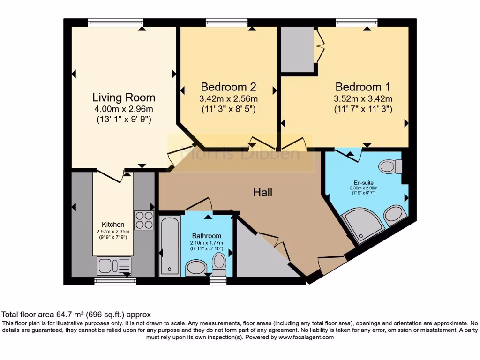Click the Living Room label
123,97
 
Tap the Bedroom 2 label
228,87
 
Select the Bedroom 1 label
362,87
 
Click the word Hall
262,192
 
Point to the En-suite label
364,182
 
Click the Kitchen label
113,225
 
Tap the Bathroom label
206,236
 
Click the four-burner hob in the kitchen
144,220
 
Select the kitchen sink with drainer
113,266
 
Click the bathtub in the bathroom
169,245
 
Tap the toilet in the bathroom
219,265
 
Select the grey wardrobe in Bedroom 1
297,49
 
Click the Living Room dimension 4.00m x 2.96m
123,109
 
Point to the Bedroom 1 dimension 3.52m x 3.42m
362,99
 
